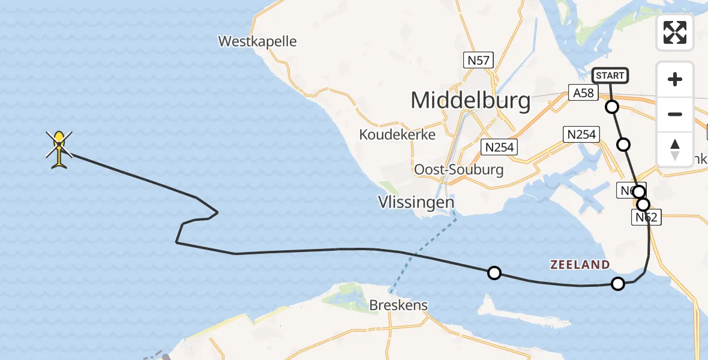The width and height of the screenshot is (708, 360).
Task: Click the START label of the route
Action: [x=610, y=76]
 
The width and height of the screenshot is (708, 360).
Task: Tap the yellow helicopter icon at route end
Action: [x=59, y=149]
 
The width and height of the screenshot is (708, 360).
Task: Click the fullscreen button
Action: [x=675, y=32]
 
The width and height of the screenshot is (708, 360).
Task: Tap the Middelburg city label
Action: [x=470, y=100]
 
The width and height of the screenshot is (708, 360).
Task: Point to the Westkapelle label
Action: [x=257, y=41]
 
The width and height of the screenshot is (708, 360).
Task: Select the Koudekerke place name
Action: [x=397, y=134]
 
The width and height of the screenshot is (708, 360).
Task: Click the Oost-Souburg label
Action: [x=458, y=169]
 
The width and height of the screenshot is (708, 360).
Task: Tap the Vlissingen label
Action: [x=416, y=202]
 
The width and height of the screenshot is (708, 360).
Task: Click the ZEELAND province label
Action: [x=580, y=265]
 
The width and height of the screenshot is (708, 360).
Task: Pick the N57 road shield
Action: [x=478, y=60]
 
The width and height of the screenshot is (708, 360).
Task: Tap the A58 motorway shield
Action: [x=583, y=93]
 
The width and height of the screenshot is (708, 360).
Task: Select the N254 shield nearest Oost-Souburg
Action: [x=500, y=147]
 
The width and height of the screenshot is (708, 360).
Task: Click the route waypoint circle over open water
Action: [x=494, y=273]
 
